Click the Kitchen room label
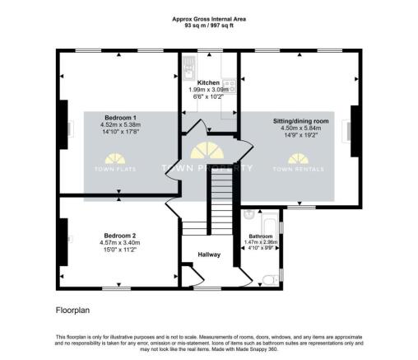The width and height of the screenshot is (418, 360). coord(209,82)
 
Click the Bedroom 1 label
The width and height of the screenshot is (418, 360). coord(120,116)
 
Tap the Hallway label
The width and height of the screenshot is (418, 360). coord(209,255)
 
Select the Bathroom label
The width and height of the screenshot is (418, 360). coord(261,236)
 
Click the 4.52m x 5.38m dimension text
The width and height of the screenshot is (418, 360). coord(120,124)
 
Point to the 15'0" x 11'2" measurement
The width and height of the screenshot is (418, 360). coord(120,250)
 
